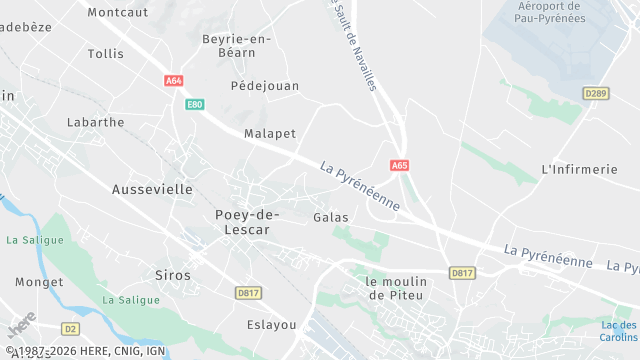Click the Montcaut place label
[117, 12]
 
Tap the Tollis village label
[105, 54]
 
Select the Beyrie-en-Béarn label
[236, 46]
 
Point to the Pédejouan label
[265, 86]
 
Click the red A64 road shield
[174, 81]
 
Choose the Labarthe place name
[95, 122]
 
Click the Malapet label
[270, 133]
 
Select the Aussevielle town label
[152, 188]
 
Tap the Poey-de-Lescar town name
[247, 221]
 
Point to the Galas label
[330, 217]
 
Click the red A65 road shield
[400, 165]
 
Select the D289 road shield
[596, 93]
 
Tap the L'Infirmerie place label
[579, 169]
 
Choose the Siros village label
[172, 274]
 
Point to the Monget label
[40, 282]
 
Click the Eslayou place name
[271, 325]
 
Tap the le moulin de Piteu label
[396, 288]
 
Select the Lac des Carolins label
[618, 331]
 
